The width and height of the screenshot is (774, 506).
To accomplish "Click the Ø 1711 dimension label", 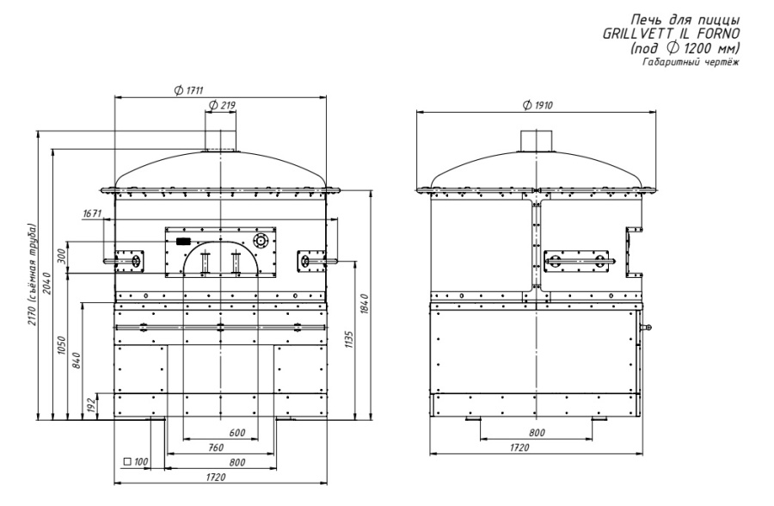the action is [x=189, y=90].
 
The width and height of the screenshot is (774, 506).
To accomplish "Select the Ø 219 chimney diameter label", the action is [x=222, y=105].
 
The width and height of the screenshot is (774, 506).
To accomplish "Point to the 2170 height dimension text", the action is [x=33, y=275].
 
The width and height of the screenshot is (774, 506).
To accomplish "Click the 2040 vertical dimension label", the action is [x=47, y=282].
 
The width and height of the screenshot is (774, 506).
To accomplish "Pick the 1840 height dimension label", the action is [x=365, y=305].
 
